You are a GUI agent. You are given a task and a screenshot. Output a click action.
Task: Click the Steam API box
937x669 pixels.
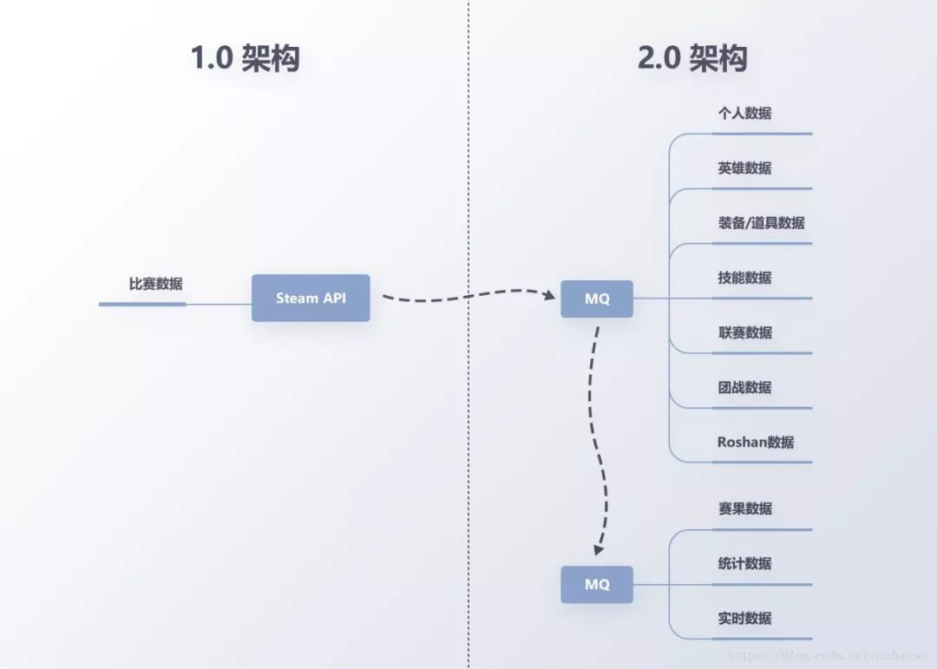pos(311,298)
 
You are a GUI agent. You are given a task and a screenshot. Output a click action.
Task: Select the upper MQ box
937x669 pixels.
pos(597,298)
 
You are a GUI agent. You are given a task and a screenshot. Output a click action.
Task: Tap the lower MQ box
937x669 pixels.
pos(597,584)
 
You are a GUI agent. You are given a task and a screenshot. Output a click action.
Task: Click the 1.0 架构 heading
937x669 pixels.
pos(246,58)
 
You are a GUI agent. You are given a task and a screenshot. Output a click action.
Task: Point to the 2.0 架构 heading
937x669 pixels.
pos(692,58)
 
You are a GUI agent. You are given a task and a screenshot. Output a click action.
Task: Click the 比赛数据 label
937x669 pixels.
pos(156,284)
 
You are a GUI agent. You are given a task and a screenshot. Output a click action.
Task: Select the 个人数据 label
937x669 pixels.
pos(744,113)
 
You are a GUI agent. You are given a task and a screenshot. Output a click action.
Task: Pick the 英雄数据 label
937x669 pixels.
pos(744,167)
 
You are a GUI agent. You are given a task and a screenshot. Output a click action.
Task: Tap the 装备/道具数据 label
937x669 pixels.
pos(761,222)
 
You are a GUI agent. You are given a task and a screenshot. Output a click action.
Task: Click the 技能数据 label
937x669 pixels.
pos(744,278)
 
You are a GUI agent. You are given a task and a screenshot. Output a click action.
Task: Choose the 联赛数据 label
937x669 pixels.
pos(744,332)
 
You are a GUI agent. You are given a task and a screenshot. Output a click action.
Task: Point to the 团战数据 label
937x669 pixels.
pos(744,387)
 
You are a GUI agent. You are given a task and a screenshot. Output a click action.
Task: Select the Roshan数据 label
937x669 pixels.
pos(755,442)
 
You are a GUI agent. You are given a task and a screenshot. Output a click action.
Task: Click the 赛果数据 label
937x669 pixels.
pos(744,508)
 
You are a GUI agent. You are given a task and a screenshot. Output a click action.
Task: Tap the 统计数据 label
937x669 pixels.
pos(744,563)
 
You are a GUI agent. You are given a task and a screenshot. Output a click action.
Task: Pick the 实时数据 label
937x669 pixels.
pos(744,618)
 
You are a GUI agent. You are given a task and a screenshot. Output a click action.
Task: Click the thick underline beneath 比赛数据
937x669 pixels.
pos(142,304)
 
